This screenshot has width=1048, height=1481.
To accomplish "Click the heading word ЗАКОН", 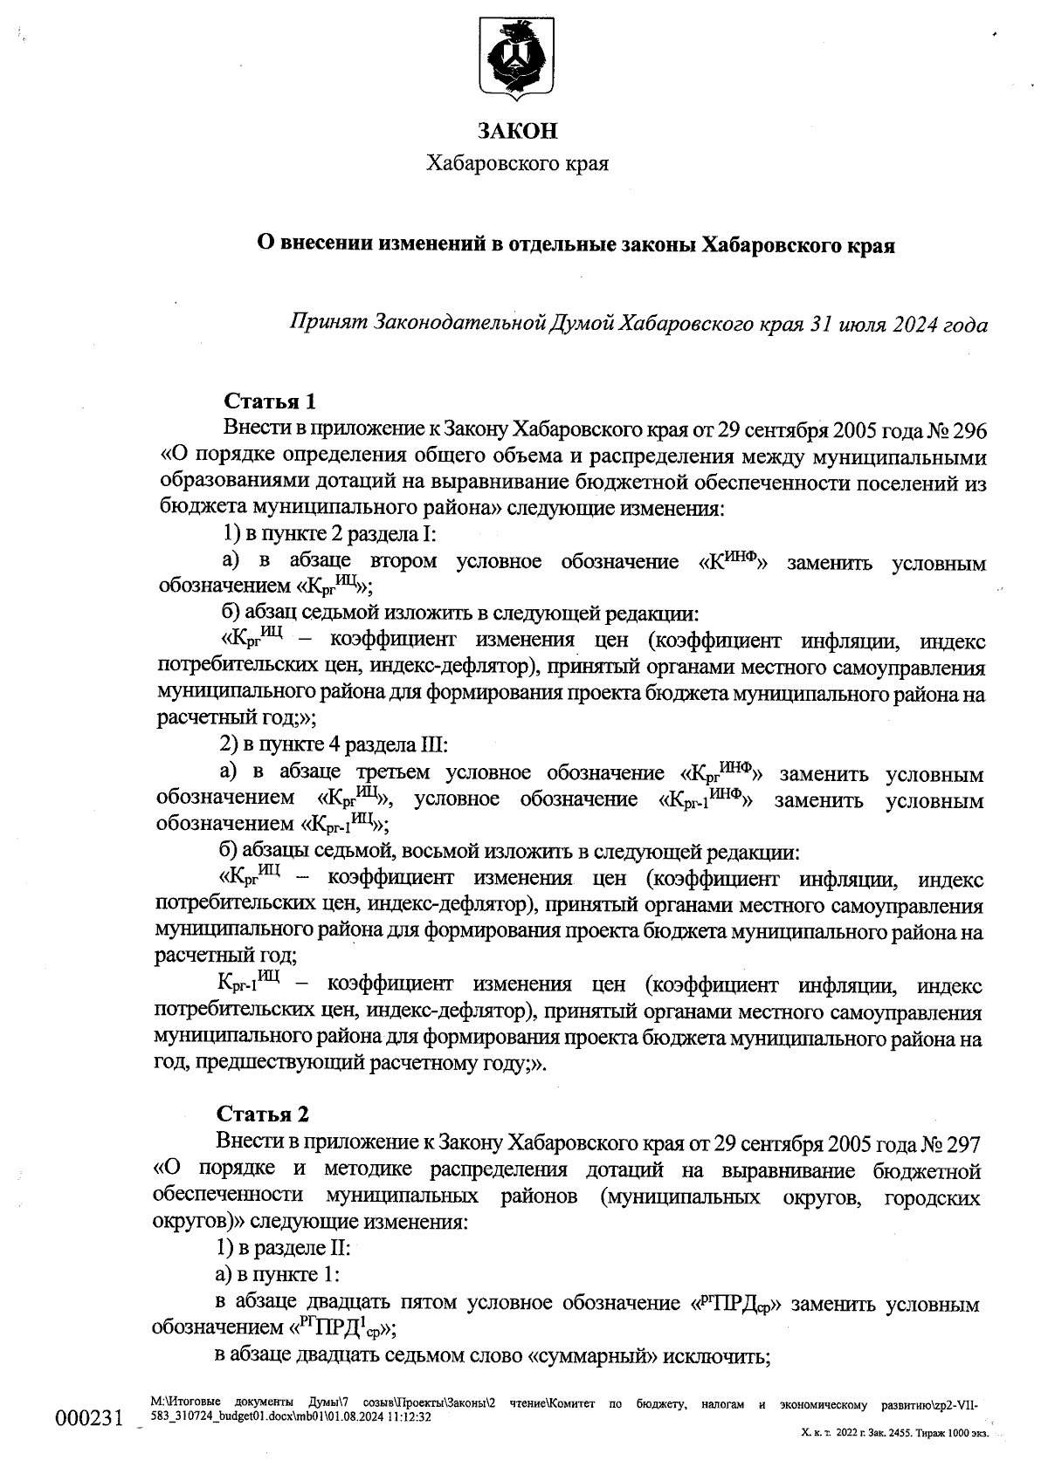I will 517,131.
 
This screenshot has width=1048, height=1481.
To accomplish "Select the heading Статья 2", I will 263,1114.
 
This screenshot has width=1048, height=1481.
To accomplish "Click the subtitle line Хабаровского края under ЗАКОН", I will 517,163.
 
